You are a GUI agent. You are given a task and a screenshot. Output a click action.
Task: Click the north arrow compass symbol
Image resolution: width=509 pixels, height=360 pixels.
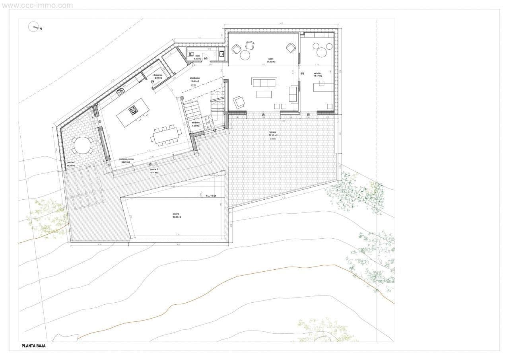click(33, 27)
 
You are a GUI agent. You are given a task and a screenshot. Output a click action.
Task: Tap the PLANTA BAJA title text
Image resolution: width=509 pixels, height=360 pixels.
click(33, 346)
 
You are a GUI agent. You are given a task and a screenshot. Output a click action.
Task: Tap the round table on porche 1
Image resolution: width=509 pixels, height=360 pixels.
click(82, 145)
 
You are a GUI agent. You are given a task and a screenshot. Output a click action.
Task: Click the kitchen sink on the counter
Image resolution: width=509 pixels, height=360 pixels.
click(120, 92)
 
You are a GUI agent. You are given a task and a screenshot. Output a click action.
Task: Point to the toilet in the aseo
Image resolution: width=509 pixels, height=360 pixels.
click(190, 54)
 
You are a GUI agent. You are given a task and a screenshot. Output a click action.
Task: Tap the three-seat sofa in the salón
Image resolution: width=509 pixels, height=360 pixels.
click(264, 82)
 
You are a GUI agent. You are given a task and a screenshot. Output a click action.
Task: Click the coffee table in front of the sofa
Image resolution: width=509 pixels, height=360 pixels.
click(264, 94)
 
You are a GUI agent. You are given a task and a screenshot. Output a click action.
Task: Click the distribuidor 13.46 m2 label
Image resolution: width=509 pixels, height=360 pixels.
click(194, 80)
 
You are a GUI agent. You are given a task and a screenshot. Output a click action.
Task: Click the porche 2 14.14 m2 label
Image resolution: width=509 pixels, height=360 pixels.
click(154, 171)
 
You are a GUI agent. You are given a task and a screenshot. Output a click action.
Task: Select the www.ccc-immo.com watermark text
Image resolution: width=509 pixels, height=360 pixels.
click(37, 5)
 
